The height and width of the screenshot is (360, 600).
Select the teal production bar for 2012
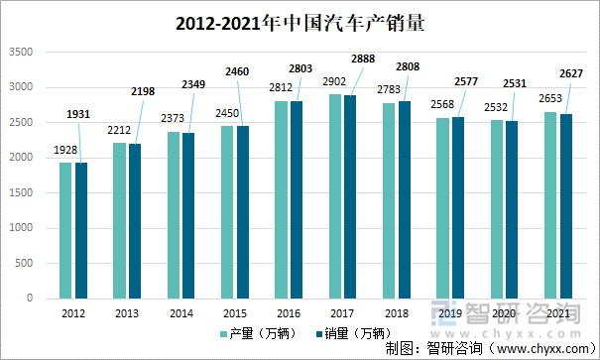pyautogui.click(x=65, y=230)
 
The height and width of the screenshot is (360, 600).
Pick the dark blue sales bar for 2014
pyautogui.click(x=189, y=215)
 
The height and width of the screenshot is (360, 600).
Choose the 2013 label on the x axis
pyautogui.click(x=126, y=312)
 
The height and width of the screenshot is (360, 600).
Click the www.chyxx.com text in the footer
pyautogui.click(x=536, y=348)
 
